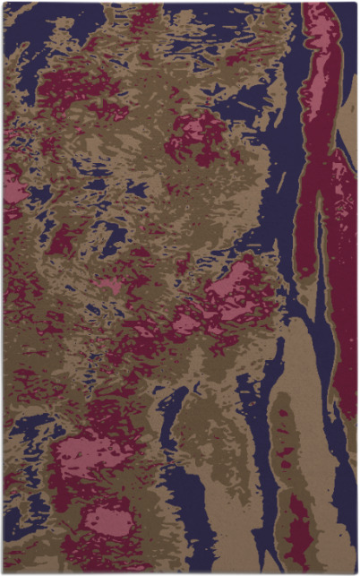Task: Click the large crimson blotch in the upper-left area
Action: point(76,90)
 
